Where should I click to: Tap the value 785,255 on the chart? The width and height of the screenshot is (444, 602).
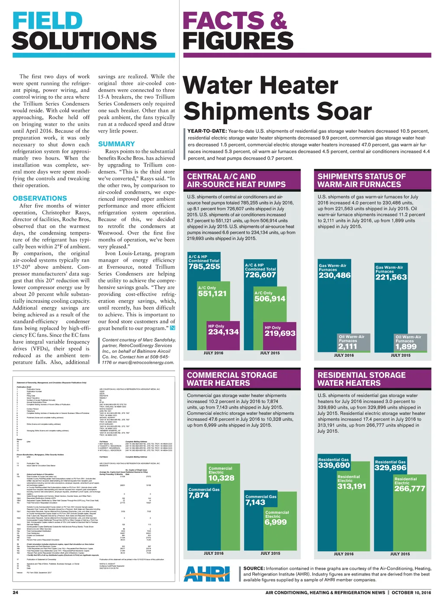[204, 267]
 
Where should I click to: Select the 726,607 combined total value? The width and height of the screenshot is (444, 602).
[260, 275]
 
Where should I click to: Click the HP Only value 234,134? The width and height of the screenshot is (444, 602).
[223, 332]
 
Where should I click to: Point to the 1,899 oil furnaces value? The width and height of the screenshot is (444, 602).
[406, 347]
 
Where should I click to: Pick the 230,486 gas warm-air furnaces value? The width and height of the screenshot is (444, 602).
[335, 275]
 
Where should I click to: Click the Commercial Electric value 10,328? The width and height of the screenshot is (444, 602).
[221, 478]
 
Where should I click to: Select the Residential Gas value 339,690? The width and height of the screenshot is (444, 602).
[334, 465]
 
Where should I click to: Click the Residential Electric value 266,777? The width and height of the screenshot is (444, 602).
[410, 488]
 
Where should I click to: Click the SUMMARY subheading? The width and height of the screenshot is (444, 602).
[116, 144]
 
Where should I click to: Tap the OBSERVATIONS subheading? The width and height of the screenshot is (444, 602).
[40, 198]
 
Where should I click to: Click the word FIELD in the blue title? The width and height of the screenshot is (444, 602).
[48, 21]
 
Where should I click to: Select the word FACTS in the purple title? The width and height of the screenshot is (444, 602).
[223, 21]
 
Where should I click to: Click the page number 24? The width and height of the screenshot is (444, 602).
[15, 592]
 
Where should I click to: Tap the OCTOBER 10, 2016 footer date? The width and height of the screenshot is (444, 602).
[411, 592]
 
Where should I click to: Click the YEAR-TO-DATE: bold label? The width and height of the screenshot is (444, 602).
[207, 131]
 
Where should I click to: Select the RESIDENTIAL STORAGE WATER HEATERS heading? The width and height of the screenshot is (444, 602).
[362, 379]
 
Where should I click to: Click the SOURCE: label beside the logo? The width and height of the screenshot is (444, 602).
[254, 568]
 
